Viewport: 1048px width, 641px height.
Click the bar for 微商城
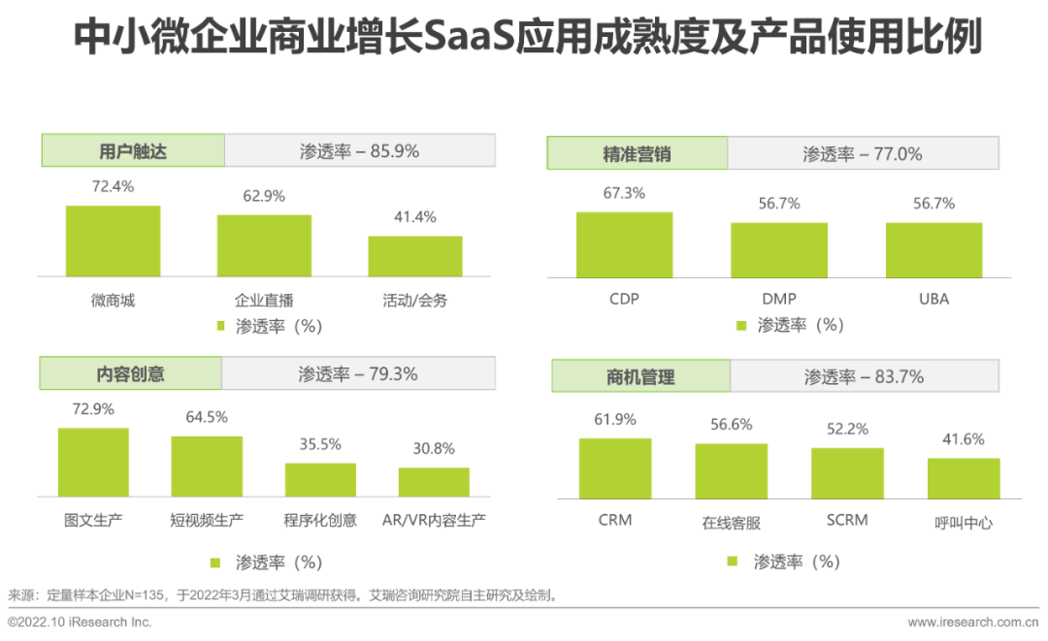point(113,241)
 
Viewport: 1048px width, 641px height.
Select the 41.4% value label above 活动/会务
point(414,216)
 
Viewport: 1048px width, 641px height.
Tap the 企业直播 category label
point(263,301)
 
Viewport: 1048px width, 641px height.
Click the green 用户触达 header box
point(133,151)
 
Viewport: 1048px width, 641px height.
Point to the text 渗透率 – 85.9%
point(359,151)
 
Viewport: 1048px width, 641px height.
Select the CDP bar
point(624,245)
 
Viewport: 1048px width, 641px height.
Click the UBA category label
point(933,299)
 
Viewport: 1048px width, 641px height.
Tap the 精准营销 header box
point(637,153)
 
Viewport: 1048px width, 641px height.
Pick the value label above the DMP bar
point(779,204)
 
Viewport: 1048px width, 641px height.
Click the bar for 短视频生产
point(207,466)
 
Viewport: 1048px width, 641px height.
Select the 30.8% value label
point(434,448)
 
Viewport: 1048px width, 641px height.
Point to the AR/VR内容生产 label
point(434,521)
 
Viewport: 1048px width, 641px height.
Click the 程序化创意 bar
point(320,480)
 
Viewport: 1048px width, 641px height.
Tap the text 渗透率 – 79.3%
point(358,373)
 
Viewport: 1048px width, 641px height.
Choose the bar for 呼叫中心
point(963,478)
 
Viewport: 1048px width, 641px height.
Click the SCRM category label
point(846,520)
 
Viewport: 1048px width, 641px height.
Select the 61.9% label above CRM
point(615,420)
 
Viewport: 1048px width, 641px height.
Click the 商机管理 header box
point(640,376)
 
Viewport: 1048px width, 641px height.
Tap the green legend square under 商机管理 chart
point(733,561)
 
